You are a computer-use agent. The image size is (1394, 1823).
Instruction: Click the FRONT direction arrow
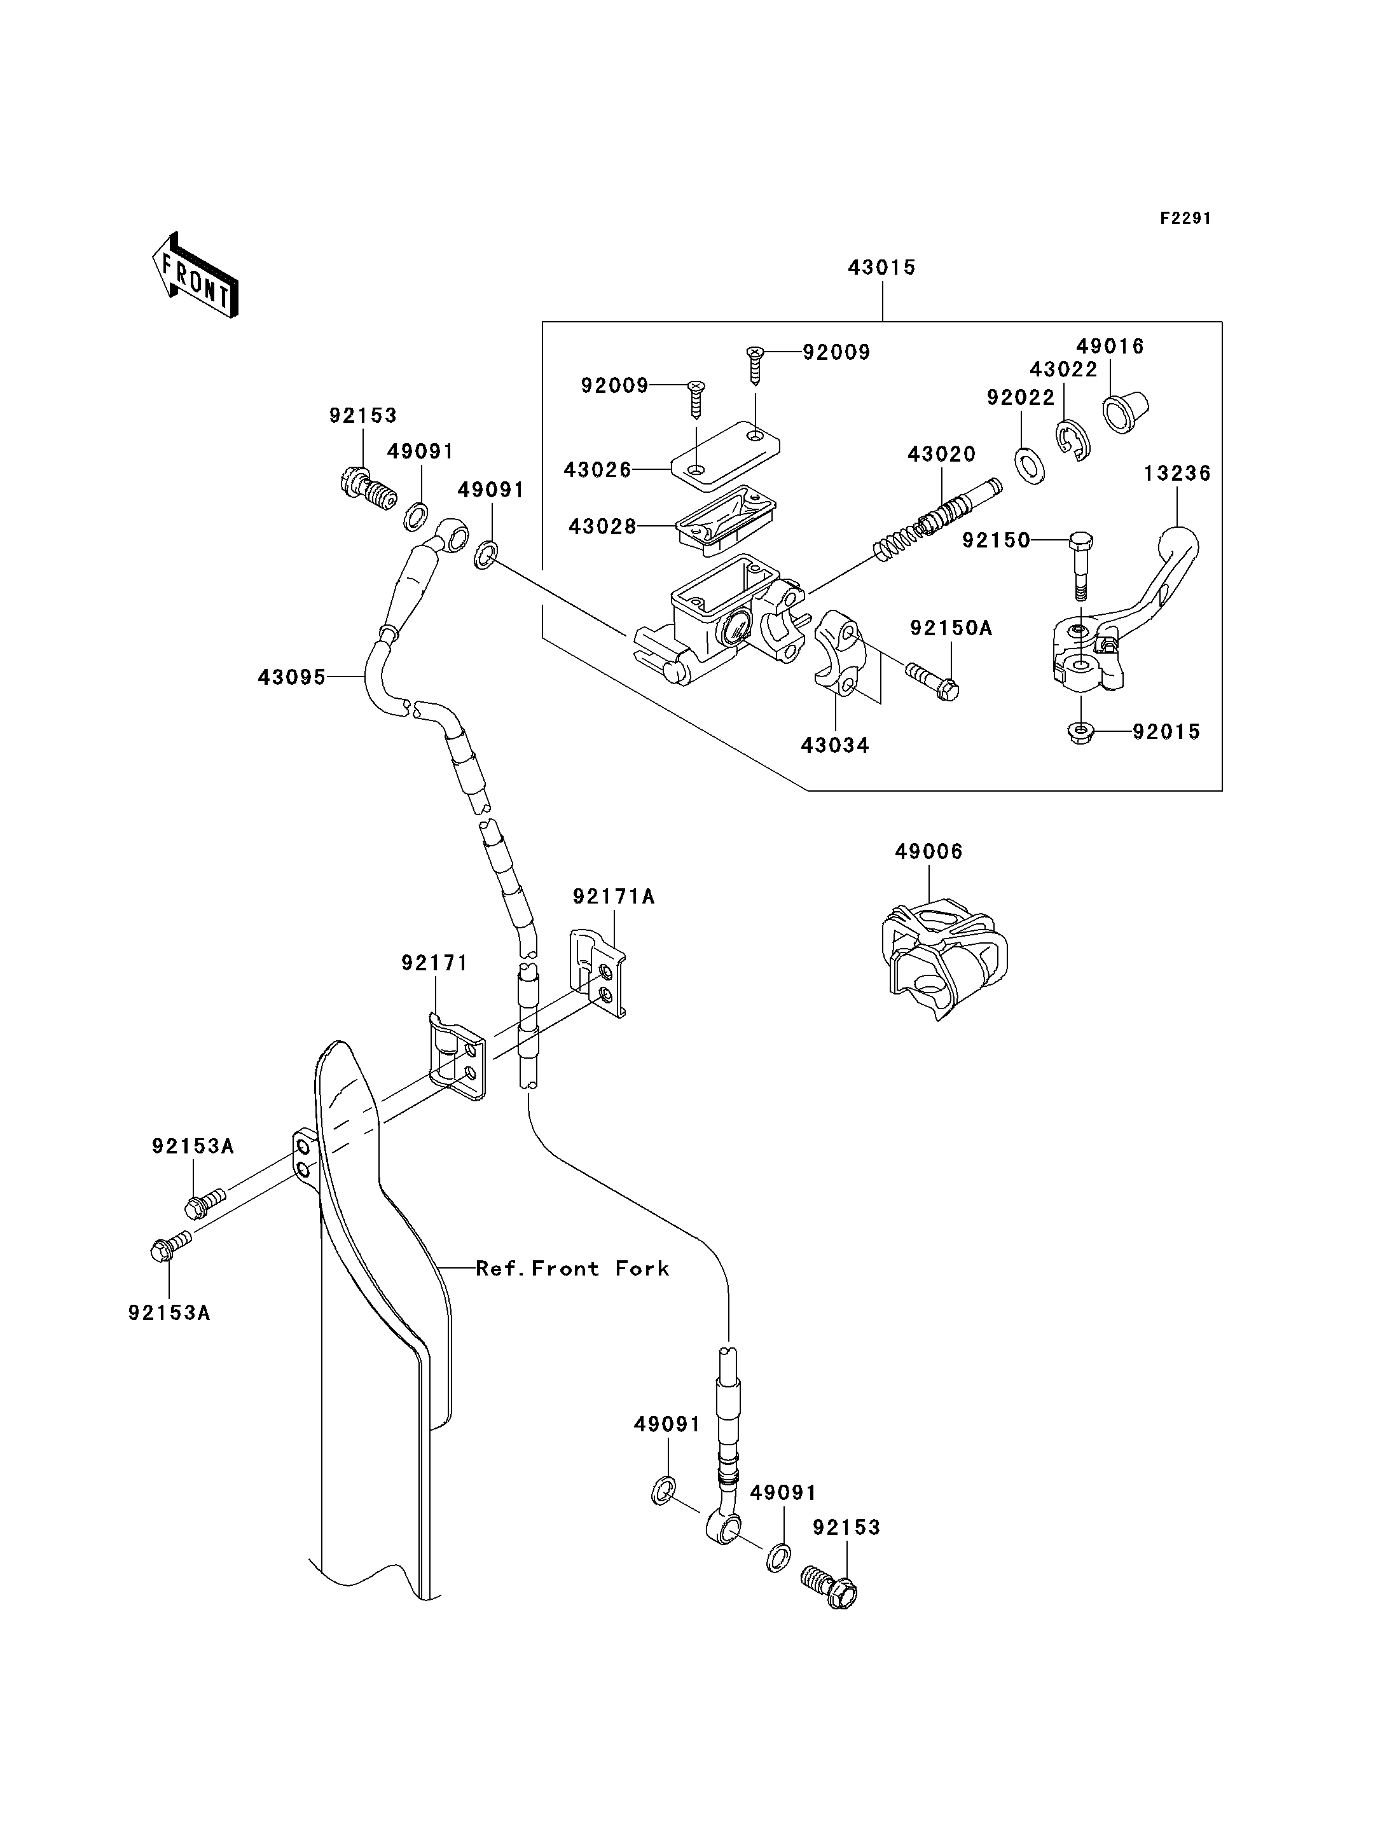(196, 275)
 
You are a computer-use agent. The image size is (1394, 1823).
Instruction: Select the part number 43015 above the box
(881, 268)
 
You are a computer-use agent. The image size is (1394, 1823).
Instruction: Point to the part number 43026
(597, 470)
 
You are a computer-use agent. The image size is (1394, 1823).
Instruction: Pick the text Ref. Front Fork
(572, 1269)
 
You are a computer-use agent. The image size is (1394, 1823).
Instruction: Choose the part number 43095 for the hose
(291, 678)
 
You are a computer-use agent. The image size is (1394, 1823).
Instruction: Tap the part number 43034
(835, 746)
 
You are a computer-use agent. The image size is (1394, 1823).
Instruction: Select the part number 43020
(941, 455)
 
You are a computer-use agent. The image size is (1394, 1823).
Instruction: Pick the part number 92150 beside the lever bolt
(996, 541)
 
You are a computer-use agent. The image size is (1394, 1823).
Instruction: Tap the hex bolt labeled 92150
(1081, 564)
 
